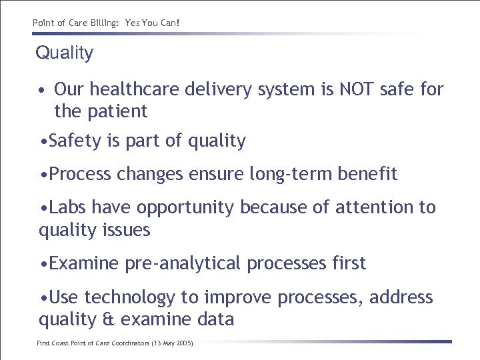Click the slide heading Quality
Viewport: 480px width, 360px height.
click(65, 53)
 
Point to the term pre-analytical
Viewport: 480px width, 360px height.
click(183, 263)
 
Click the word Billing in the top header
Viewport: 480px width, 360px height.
click(101, 23)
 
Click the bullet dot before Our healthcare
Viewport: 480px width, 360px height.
click(41, 89)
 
